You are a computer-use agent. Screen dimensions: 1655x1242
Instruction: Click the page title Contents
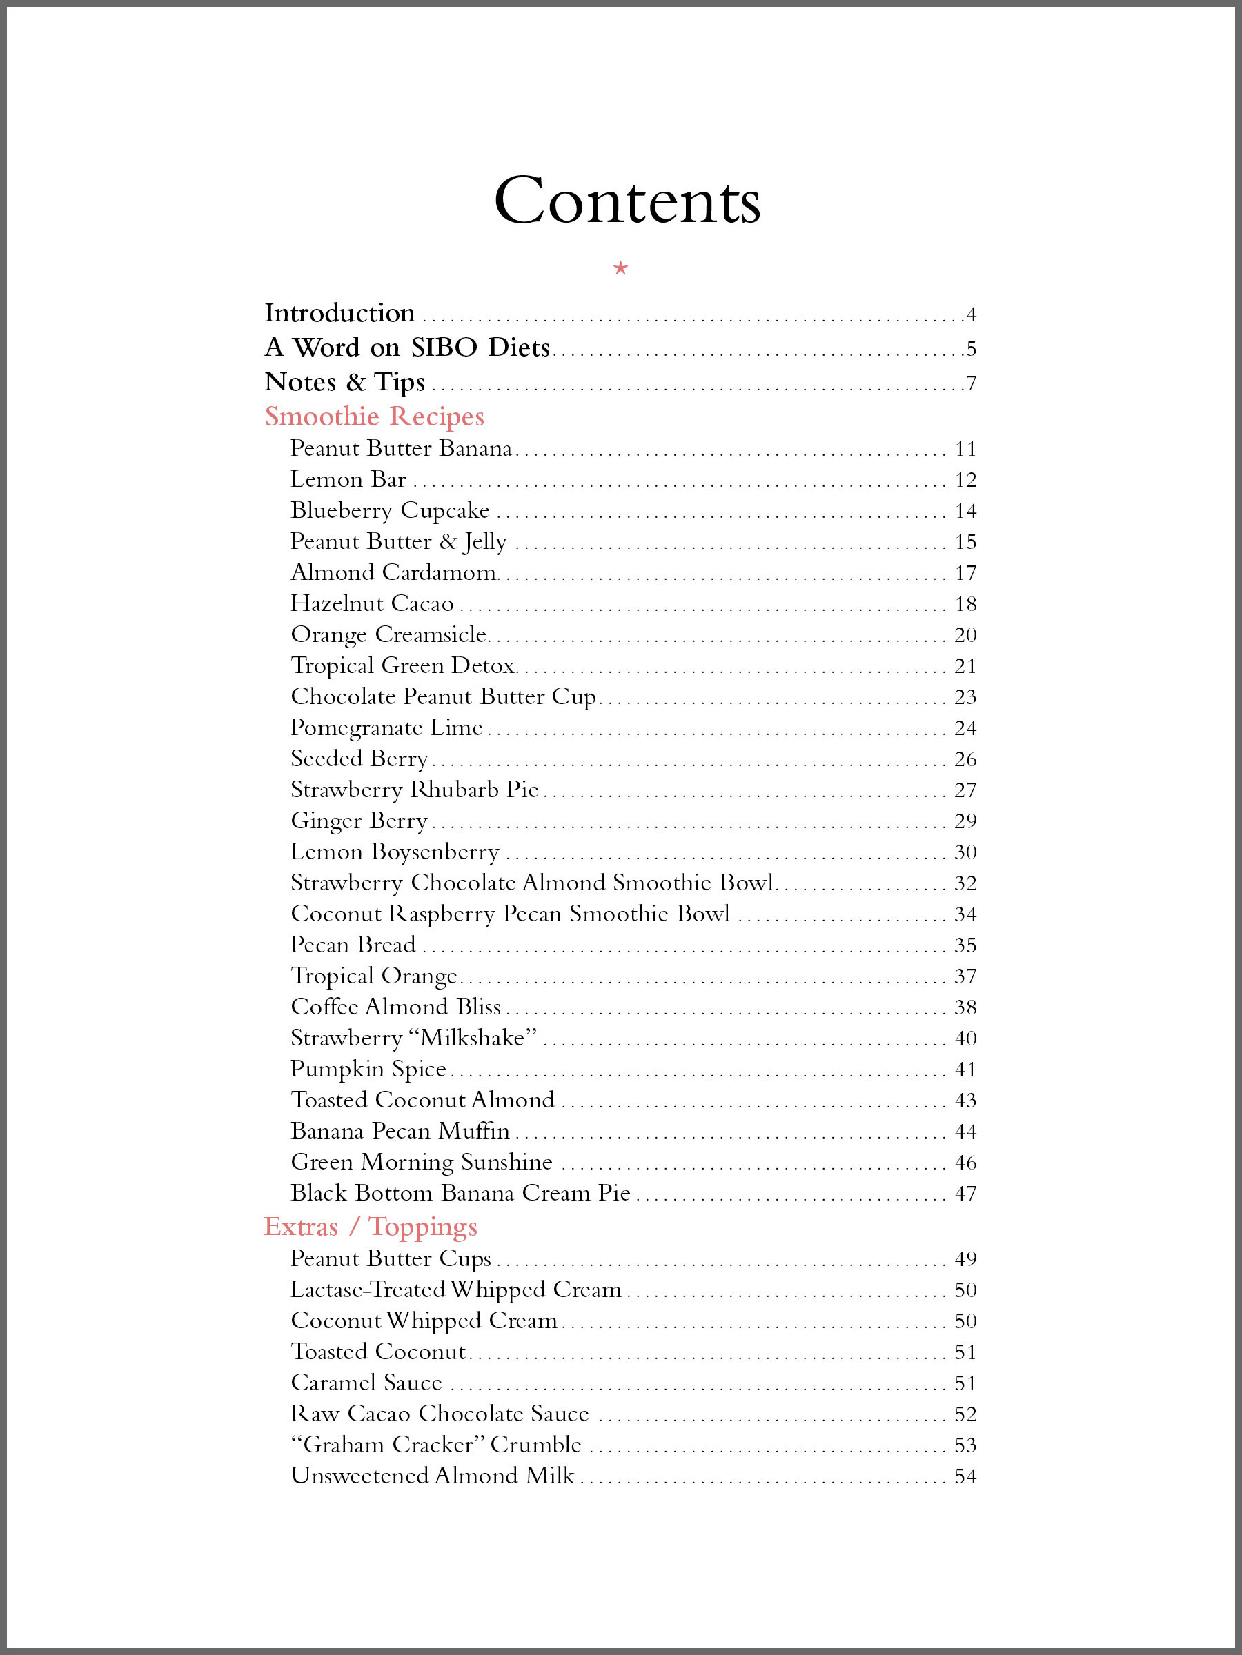(627, 201)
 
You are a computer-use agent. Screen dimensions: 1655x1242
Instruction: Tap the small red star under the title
(620, 268)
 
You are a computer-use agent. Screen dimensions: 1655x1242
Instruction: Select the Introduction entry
(339, 313)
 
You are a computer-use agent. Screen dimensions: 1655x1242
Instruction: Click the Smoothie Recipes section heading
(374, 416)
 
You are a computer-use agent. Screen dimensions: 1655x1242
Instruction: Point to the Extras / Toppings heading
(371, 1226)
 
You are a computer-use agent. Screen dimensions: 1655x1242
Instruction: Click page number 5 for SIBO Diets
(971, 349)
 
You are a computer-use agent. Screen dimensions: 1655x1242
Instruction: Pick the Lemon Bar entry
(348, 479)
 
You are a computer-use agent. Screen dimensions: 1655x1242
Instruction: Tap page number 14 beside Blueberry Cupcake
(966, 511)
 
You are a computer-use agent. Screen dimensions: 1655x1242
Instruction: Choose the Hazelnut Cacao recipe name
(372, 603)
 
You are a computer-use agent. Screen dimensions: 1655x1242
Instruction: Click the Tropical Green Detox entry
(403, 665)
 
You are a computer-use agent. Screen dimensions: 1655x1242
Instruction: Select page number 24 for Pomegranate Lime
(966, 728)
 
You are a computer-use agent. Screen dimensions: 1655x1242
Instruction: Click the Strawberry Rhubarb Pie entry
(414, 790)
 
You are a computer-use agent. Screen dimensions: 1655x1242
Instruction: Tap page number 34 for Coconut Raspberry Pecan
(966, 914)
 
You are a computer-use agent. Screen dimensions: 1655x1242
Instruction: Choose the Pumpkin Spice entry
(368, 1069)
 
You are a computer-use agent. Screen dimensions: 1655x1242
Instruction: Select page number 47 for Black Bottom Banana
(966, 1194)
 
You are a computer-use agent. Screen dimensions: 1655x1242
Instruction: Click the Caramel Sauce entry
(366, 1383)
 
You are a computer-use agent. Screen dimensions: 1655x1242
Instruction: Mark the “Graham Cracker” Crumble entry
(435, 1444)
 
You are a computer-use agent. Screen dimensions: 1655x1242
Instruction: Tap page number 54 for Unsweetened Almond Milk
(966, 1476)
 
